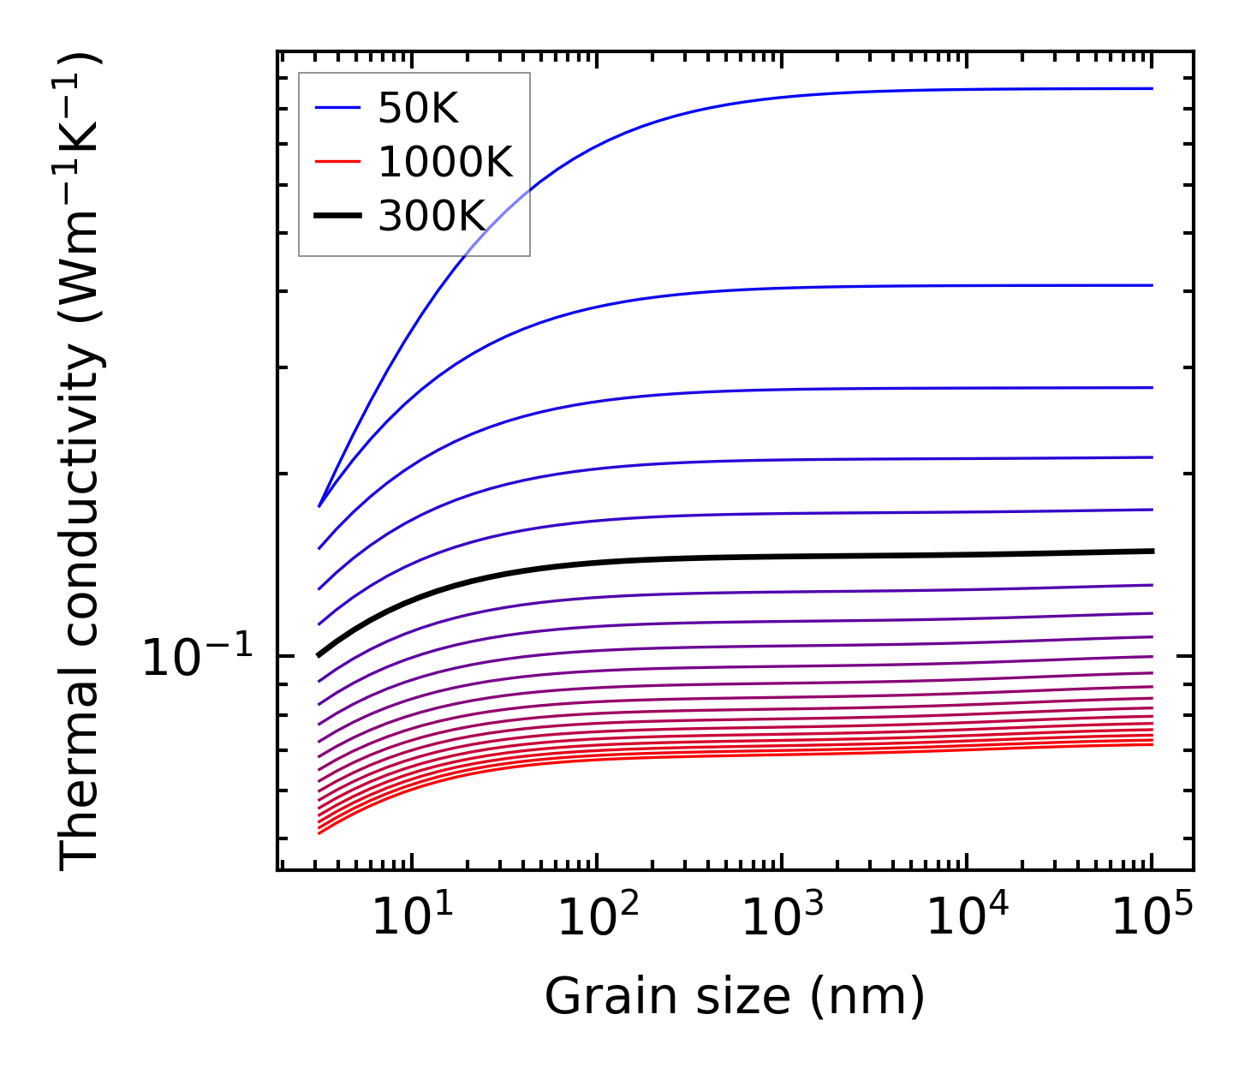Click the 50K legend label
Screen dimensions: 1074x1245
point(418,109)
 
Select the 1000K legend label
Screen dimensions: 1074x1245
point(444,163)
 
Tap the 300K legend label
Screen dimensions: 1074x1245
point(432,217)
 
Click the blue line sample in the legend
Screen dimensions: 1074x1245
point(338,108)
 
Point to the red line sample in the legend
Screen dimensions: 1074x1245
point(338,162)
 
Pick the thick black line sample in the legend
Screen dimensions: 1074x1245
point(338,216)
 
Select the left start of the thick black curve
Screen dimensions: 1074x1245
point(319,655)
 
